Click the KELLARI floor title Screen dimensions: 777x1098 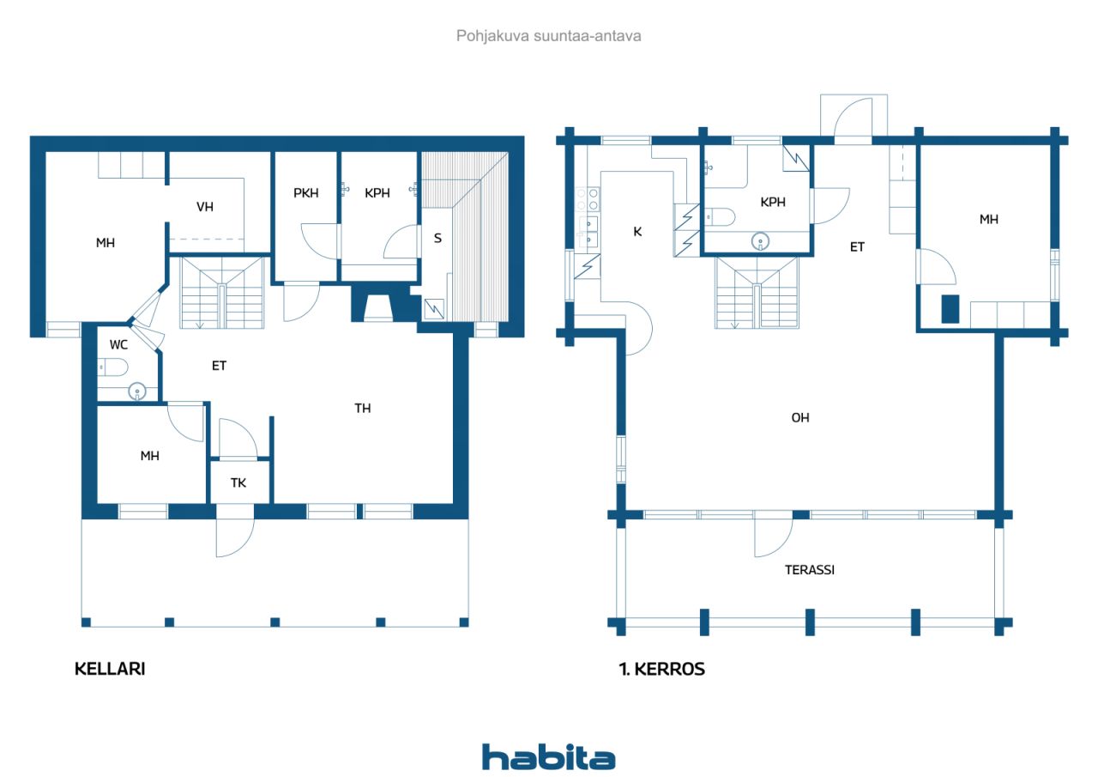(x=110, y=669)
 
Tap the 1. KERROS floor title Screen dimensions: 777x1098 (x=661, y=669)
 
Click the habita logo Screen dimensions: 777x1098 (x=548, y=756)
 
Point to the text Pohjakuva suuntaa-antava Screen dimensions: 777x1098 (x=548, y=36)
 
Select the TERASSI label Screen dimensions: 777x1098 (x=810, y=569)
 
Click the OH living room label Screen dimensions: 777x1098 (x=799, y=418)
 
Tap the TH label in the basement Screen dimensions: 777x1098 (x=363, y=408)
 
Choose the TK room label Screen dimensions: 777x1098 (x=238, y=483)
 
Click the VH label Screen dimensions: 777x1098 (x=205, y=207)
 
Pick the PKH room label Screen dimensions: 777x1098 (x=306, y=193)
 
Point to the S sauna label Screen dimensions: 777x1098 (x=437, y=238)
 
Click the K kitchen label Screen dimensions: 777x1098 (x=637, y=230)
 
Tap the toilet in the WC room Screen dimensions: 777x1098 (x=113, y=368)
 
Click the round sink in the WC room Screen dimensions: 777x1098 (x=137, y=392)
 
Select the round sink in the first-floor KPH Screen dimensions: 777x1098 (x=759, y=241)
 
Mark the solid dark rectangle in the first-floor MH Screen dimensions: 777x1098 (x=950, y=308)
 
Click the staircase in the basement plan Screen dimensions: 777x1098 (x=222, y=294)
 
